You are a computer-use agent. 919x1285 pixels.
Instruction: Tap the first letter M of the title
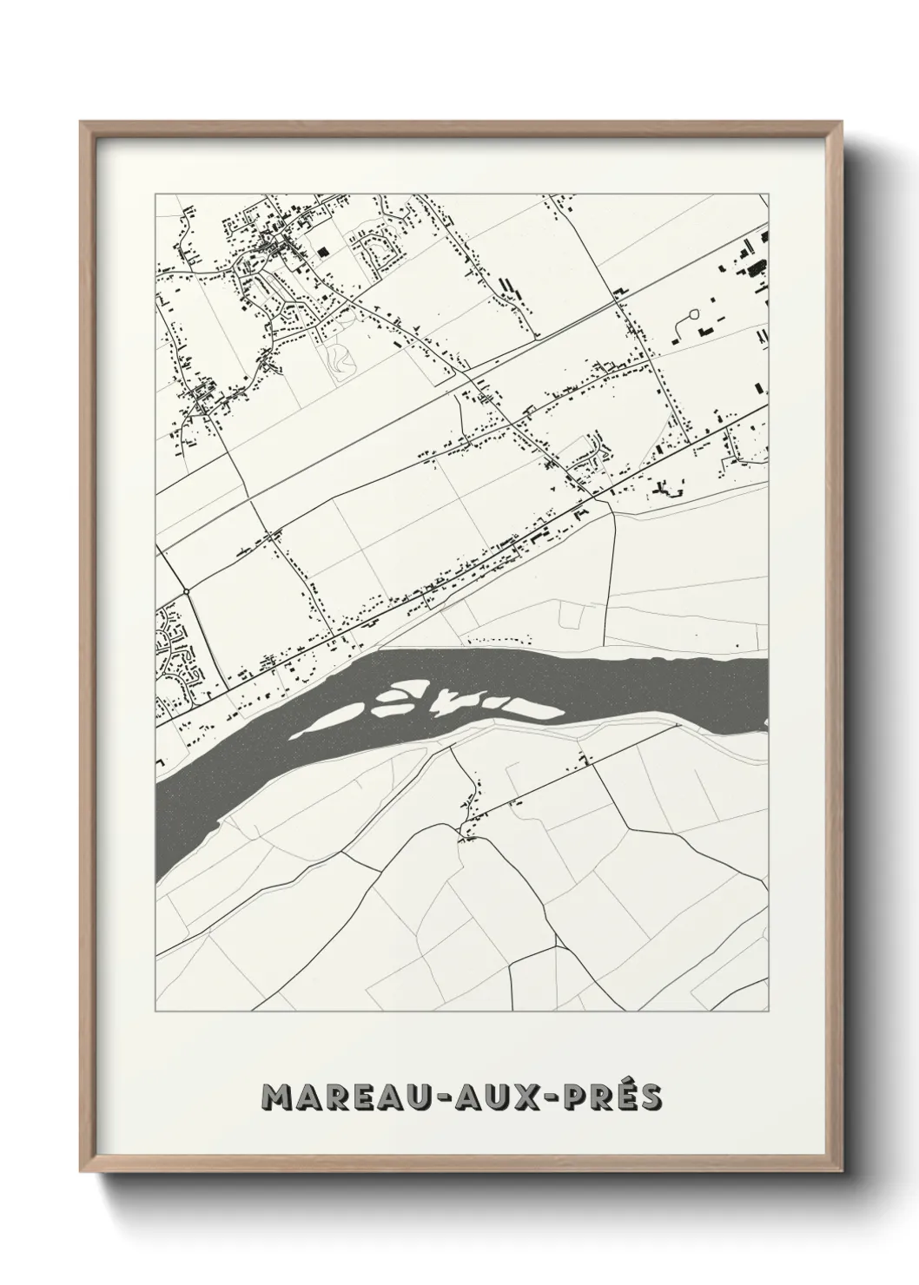point(279,1097)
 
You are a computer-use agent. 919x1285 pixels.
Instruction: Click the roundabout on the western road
point(187,592)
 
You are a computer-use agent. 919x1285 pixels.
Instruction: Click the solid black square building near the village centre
point(323,252)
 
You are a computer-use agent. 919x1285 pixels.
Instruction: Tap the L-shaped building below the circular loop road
point(704,331)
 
